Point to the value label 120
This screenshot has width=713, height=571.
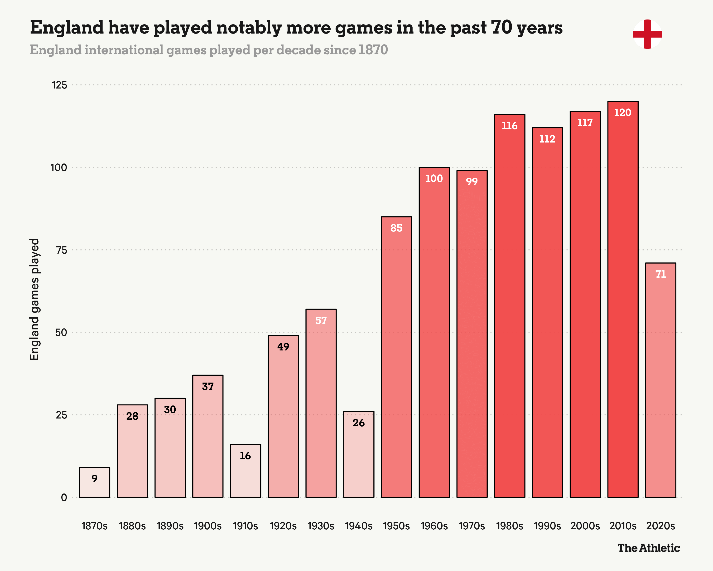coord(623,113)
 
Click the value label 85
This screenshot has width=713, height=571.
coord(396,228)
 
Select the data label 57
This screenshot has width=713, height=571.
coord(321,320)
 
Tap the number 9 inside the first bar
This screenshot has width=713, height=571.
coord(95,479)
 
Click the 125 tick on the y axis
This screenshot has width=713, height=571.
coord(59,85)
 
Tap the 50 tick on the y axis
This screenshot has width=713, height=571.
coord(61,332)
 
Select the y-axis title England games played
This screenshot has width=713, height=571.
coord(34,299)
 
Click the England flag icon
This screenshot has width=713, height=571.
coord(647,34)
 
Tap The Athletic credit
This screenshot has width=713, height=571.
coord(649,548)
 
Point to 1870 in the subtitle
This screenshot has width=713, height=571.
coord(373,50)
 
